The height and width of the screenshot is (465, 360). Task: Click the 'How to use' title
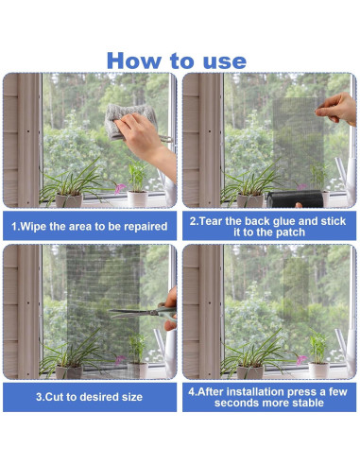pos(177,60)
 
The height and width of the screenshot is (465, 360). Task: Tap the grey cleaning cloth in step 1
pos(129,121)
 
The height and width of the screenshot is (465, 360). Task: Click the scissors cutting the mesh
pos(144,313)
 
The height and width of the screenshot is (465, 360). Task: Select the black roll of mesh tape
pos(295,198)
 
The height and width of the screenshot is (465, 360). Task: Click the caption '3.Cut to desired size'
pos(89,397)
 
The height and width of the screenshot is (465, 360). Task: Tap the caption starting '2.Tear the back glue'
pos(268,227)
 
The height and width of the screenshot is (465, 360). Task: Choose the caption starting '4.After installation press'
pos(267,397)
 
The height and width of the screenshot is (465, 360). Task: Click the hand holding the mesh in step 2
pos(336,109)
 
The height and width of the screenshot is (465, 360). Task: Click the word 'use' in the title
pos(225,61)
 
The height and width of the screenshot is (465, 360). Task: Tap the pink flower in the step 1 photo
pos(120,188)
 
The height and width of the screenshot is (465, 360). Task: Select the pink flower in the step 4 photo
pos(301,359)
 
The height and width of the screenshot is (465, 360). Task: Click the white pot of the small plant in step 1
pos(138,198)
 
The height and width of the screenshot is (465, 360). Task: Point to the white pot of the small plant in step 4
pos(318,370)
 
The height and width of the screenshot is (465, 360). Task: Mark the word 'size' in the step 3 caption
pos(132,397)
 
